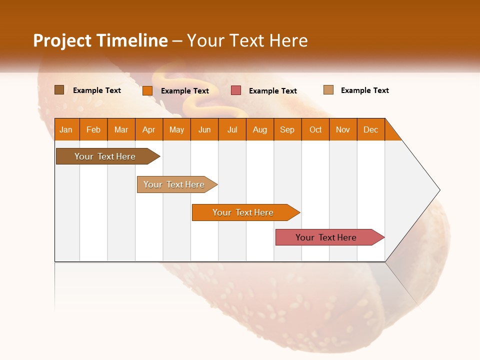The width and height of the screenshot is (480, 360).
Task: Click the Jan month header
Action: tap(66, 129)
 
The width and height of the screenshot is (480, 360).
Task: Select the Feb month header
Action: tap(93, 129)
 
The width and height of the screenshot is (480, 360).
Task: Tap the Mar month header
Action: tap(121, 129)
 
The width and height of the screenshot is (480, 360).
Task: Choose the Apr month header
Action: tap(149, 129)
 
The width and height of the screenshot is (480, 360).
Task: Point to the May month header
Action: tap(176, 129)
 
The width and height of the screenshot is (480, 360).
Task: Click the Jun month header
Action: tap(204, 129)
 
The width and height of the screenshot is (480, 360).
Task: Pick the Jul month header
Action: tap(232, 129)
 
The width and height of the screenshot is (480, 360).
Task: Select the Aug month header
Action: tap(260, 129)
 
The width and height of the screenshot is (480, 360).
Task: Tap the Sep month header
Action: tap(287, 129)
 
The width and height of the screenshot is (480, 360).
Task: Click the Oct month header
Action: tap(315, 129)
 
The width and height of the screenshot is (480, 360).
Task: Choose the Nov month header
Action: tap(343, 129)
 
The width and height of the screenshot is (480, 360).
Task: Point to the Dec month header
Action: tap(371, 129)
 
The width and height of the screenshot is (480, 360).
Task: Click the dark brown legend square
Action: tap(59, 90)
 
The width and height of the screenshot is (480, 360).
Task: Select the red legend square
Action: tap(236, 90)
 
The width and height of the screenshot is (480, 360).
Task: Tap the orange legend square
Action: tap(147, 90)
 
